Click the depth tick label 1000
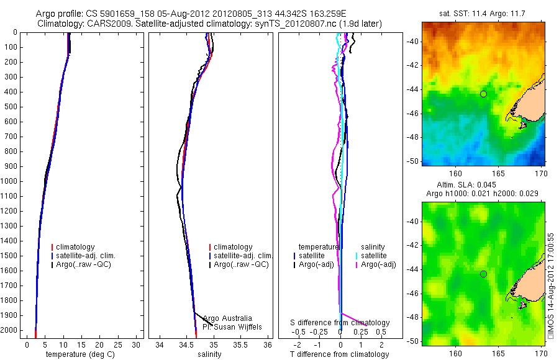9,181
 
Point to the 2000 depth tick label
9,330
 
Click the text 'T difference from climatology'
339,354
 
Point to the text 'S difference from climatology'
340,323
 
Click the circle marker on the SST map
483,94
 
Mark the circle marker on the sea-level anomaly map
483,274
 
